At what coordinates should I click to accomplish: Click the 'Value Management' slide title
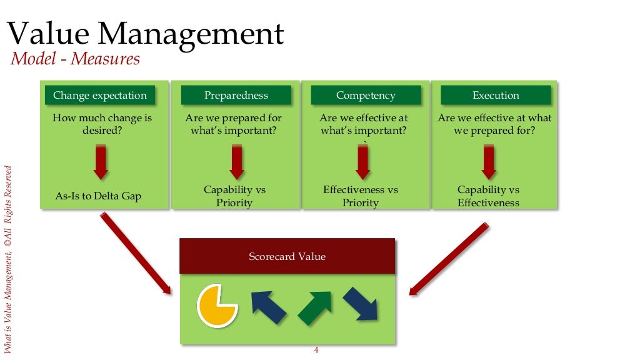145,34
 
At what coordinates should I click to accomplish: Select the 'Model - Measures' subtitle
75,59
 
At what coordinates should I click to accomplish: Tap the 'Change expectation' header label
100,96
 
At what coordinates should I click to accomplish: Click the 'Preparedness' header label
236,96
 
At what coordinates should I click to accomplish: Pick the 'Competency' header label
366,96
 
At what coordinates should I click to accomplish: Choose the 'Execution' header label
496,96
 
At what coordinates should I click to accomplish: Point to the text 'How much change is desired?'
102,124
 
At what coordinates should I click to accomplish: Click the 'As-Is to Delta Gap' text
98,196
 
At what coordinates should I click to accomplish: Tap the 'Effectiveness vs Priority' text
361,196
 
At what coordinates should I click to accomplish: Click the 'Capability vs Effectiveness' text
488,196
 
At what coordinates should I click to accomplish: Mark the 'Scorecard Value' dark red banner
287,256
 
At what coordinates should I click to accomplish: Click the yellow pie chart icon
216,306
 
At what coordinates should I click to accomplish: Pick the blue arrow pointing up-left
269,306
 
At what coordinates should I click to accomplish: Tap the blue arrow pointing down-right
361,304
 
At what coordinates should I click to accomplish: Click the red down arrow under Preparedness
236,162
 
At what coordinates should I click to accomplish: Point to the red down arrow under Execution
488,162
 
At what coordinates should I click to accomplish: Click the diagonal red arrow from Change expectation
135,252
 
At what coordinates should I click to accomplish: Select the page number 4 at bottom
316,350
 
